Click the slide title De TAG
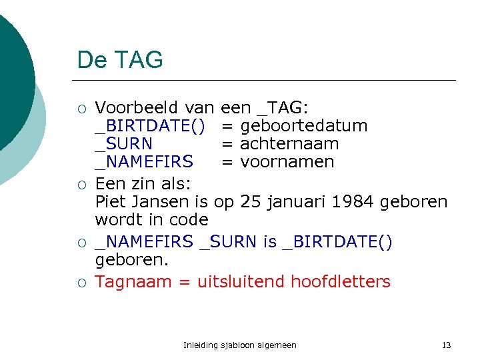pos(120,60)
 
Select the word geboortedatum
pos(303,125)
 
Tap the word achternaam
pos(289,143)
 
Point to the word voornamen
pos(287,161)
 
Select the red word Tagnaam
pos(133,281)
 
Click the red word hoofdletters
pos(341,281)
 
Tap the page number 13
pos(446,345)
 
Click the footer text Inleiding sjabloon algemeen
pos(240,345)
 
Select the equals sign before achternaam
pos(227,143)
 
